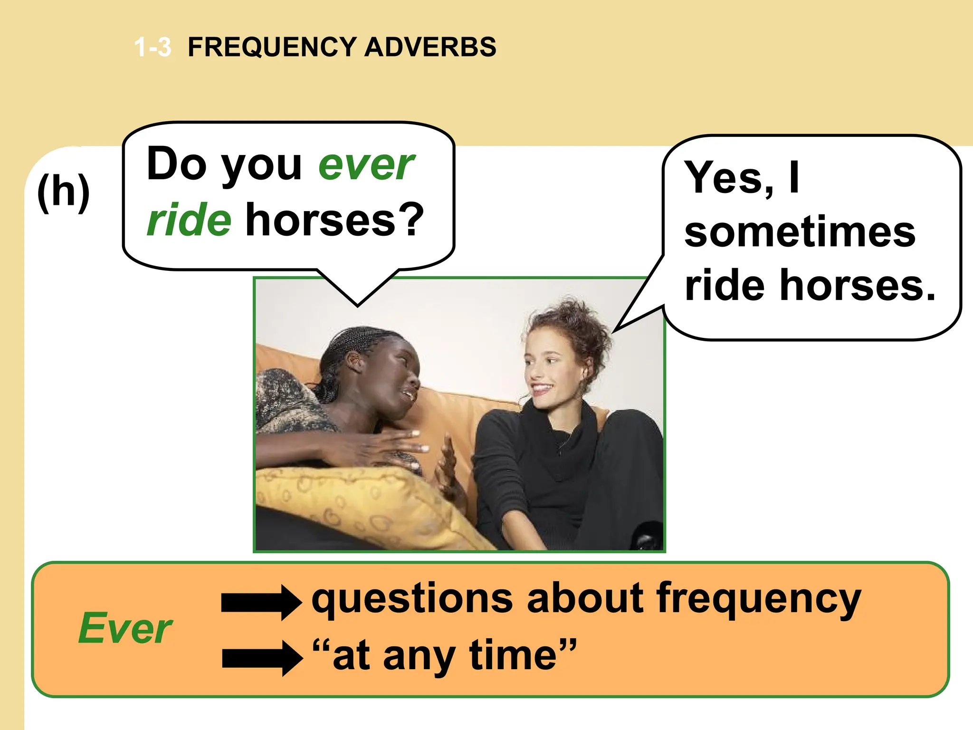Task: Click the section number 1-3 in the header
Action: [153, 48]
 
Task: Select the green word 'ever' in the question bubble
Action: [366, 165]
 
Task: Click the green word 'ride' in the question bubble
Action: [189, 220]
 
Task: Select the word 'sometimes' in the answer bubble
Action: [800, 232]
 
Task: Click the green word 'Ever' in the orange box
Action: [125, 628]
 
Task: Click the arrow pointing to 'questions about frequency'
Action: [261, 602]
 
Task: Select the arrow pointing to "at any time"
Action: [262, 658]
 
